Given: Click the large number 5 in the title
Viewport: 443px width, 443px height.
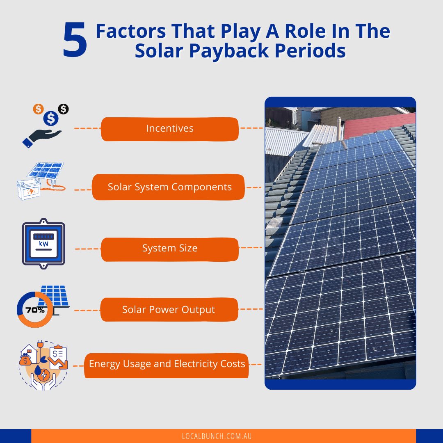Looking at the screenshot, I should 75,41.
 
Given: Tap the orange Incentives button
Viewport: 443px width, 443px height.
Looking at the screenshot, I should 169,128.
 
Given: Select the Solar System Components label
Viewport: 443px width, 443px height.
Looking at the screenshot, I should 169,187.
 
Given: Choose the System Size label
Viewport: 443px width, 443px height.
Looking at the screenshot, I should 169,249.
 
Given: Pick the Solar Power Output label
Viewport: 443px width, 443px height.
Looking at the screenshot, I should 169,310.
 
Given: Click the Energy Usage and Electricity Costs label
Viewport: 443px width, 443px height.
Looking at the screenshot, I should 167,364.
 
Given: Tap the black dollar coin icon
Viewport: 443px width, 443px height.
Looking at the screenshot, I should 63,109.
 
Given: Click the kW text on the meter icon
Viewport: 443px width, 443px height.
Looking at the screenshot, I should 43,244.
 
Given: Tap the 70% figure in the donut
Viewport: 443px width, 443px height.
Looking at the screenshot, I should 35,310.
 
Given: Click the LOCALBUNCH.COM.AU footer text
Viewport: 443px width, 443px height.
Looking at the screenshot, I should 217,436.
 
